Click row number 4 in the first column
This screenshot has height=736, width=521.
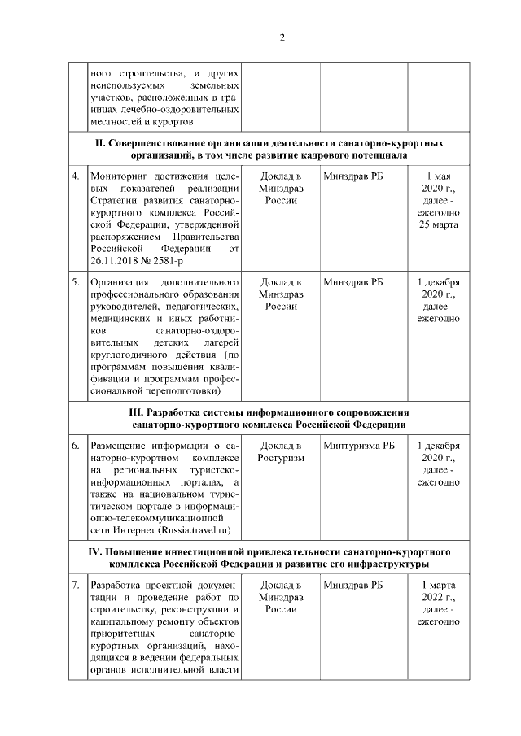[x=75, y=176]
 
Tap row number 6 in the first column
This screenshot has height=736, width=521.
[x=75, y=446]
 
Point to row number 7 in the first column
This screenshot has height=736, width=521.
[x=75, y=586]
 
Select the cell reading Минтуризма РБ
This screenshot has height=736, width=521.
[x=358, y=446]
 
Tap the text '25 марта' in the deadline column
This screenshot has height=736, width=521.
[x=439, y=224]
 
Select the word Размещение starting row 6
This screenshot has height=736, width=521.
[x=122, y=446]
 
